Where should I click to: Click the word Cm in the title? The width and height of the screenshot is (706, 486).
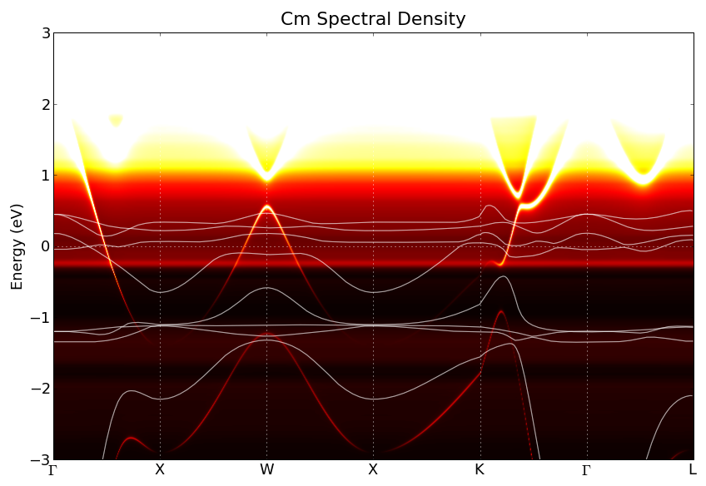(293, 19)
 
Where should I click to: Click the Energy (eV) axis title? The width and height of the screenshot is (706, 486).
(17, 246)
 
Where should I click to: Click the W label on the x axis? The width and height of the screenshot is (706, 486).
(266, 470)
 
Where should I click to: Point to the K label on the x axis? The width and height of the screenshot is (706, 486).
(480, 470)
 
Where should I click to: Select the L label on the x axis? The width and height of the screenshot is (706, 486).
(693, 470)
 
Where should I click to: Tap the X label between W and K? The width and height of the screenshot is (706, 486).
(373, 470)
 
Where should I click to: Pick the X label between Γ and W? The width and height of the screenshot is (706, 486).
(160, 470)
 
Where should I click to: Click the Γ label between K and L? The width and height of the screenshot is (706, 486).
(586, 470)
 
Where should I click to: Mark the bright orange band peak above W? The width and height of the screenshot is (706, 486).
(266, 206)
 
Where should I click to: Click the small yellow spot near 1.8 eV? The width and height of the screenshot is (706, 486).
(116, 120)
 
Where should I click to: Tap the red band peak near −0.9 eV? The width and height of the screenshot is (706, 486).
(500, 311)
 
